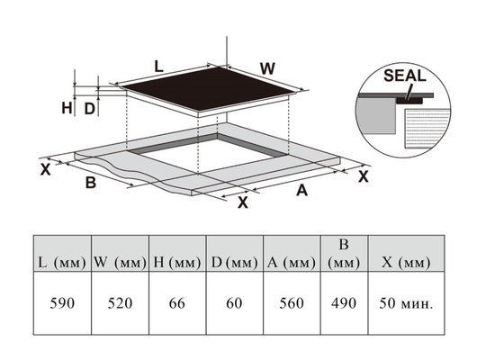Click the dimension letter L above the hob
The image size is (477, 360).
pyautogui.click(x=158, y=67)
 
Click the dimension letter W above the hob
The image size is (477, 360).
pyautogui.click(x=267, y=68)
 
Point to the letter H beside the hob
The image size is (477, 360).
pyautogui.click(x=67, y=108)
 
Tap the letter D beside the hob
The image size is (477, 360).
pyautogui.click(x=89, y=109)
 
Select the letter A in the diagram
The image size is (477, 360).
pyautogui.click(x=301, y=191)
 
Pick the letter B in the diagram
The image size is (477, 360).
pyautogui.click(x=91, y=183)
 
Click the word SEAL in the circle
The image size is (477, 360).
pyautogui.click(x=405, y=76)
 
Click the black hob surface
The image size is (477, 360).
pyautogui.click(x=209, y=88)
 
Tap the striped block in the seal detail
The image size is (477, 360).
pyautogui.click(x=427, y=129)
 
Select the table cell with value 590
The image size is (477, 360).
pyautogui.click(x=62, y=303)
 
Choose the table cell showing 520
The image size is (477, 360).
pyautogui.click(x=120, y=303)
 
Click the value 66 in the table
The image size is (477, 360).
pyautogui.click(x=177, y=303)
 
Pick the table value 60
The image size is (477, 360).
pyautogui.click(x=234, y=303)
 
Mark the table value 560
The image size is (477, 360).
pyautogui.click(x=292, y=303)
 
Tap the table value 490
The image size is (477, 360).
pyautogui.click(x=344, y=303)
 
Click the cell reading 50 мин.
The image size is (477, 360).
pyautogui.click(x=406, y=303)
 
